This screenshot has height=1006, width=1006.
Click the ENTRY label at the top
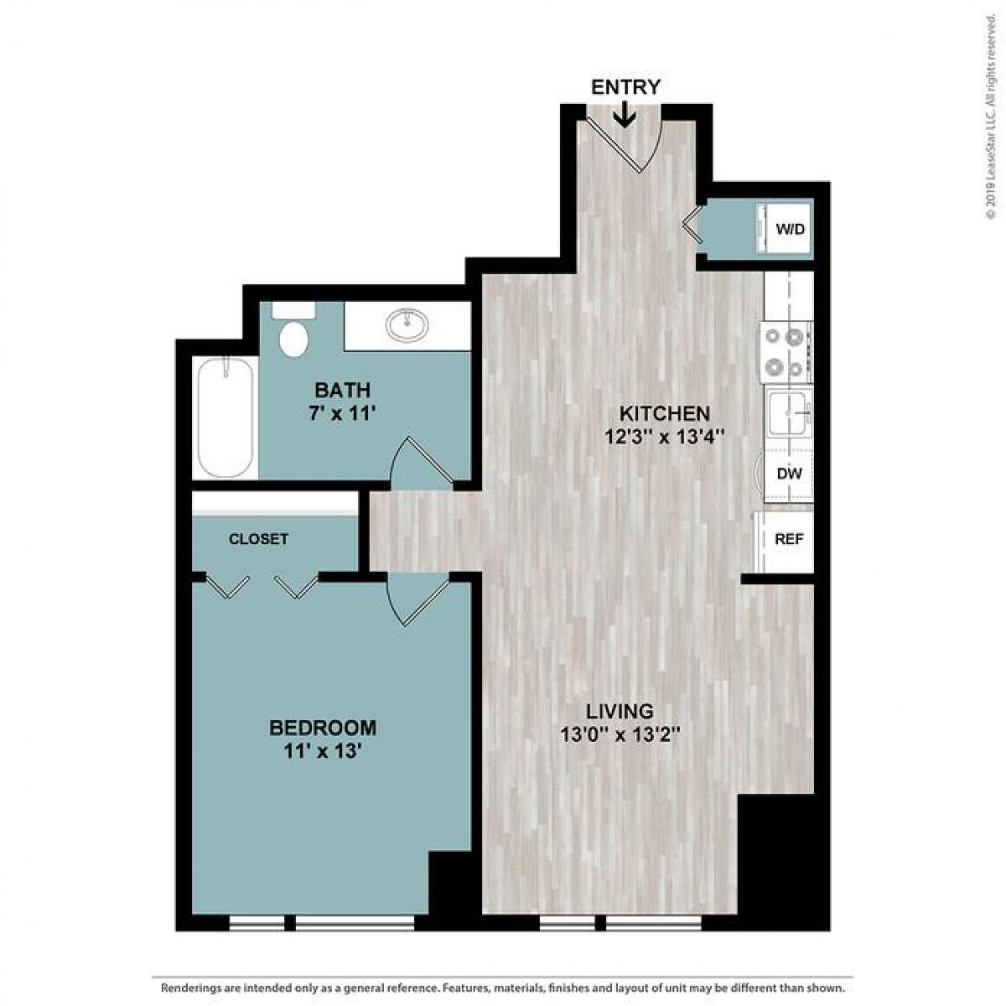pos(625,87)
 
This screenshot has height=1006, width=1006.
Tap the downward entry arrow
pos(625,114)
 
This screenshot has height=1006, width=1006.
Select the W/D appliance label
pos(791,228)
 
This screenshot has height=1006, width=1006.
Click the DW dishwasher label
pos(789,474)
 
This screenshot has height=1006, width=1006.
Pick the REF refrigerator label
pos(789,539)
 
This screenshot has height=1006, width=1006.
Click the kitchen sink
pos(789,413)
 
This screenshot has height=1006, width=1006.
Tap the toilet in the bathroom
pos(293,332)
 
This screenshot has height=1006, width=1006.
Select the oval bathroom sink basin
pos(407,323)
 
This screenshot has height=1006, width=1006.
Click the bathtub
pos(225,417)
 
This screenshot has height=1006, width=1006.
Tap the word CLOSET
pos(258,539)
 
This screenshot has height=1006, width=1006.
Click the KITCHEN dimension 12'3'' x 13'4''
pos(664,437)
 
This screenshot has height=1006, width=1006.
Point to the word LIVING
pos(620,711)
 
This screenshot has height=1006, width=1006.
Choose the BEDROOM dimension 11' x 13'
pos(322,751)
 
